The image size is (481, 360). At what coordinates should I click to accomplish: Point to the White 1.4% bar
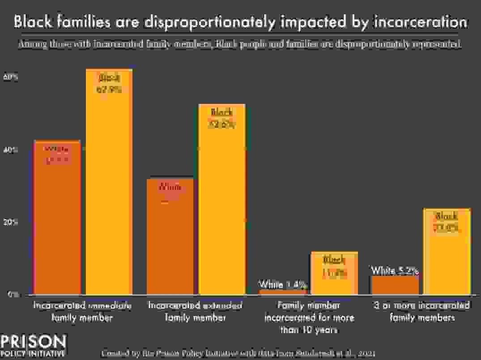point(283,292)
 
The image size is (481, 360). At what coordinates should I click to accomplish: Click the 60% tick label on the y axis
point(11,77)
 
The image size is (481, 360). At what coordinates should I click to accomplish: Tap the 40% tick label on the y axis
point(11,150)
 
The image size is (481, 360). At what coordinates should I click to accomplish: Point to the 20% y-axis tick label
point(11,223)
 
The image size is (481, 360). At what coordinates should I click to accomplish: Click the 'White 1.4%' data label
point(282,284)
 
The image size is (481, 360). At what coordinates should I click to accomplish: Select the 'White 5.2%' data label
point(395,270)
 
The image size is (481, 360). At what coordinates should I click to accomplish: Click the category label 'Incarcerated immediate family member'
point(82,312)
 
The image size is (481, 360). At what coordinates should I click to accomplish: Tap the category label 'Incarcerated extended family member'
point(195,312)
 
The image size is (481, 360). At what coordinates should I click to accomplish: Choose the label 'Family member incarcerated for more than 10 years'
point(309,318)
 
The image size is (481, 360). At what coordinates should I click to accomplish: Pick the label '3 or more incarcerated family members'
point(422,312)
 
